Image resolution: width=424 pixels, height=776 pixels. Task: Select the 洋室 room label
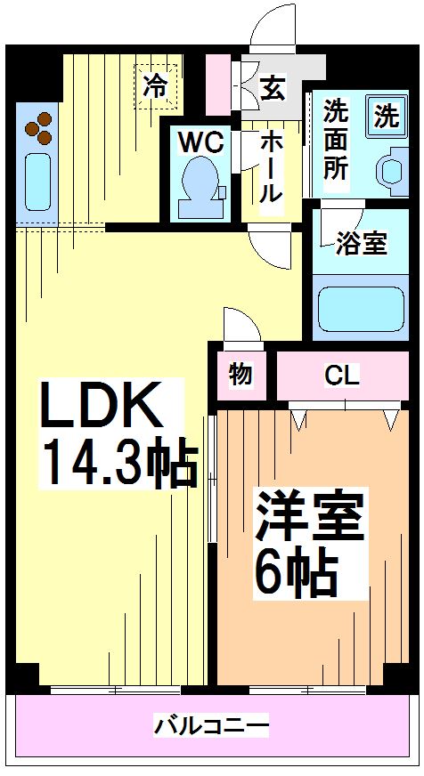[311, 516]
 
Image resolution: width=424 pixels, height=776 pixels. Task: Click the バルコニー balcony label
[212, 725]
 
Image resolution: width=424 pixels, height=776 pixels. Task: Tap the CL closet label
[341, 376]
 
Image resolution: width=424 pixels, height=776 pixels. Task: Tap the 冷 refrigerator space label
[156, 86]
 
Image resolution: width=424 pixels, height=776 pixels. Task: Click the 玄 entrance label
[272, 89]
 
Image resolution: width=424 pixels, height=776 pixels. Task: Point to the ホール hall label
[271, 167]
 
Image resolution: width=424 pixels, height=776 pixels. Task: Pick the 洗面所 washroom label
[336, 139]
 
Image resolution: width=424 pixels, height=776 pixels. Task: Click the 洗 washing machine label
[387, 117]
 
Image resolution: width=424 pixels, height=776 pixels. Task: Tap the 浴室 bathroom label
[361, 245]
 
